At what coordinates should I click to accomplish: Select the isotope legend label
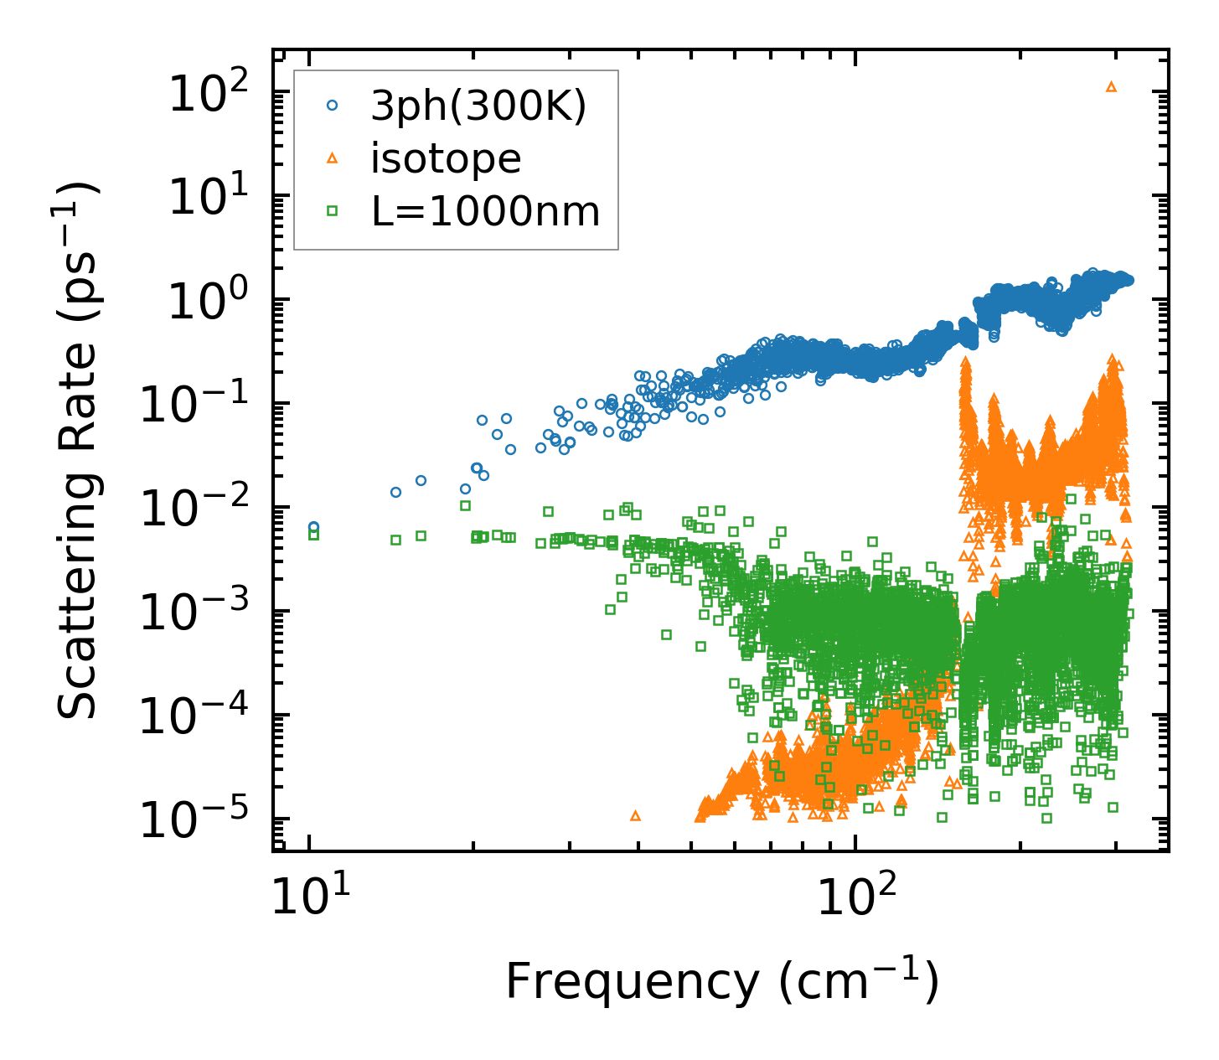446,158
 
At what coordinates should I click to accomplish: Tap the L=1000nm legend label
486,211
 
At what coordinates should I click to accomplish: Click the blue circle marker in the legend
333,106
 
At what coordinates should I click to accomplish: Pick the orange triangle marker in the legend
333,158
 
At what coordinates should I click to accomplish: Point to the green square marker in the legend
333,211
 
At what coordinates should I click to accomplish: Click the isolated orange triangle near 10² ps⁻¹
1112,86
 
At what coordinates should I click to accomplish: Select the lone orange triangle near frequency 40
635,815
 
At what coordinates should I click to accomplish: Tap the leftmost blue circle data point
313,527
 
